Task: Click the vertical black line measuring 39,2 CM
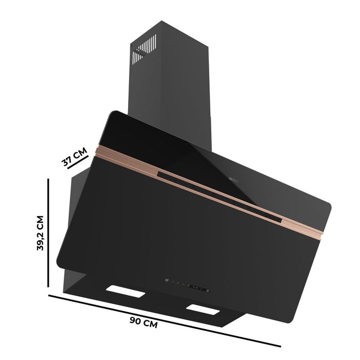(48, 233)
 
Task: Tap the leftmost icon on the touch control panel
(166, 280)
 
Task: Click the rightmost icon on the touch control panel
(208, 291)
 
